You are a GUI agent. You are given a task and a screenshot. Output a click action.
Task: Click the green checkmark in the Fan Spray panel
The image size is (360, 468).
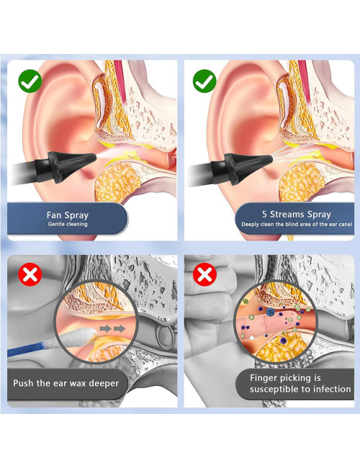pos(30,81)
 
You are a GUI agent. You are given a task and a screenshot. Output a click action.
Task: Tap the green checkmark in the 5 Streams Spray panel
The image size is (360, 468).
pos(204,81)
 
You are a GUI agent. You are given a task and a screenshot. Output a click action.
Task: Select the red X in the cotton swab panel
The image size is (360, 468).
pos(30,274)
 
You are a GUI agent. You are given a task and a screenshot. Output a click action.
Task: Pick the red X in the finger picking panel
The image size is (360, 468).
pos(204,274)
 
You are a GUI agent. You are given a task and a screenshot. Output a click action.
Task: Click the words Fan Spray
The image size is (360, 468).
pos(68,215)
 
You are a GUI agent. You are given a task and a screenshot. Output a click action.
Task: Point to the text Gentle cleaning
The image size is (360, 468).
pos(68,224)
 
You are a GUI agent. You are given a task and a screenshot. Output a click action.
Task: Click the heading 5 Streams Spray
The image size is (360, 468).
pos(297,215)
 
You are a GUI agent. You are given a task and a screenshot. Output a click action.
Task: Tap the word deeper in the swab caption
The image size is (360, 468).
pos(104,383)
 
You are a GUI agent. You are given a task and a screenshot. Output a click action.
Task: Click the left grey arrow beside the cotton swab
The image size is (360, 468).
pos(105,329)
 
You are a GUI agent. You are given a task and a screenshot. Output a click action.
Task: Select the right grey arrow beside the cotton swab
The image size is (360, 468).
pos(120,329)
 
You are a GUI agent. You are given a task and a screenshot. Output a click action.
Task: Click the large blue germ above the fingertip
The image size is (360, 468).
pos(271,312)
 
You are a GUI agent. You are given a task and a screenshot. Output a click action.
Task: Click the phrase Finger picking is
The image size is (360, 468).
pos(285,379)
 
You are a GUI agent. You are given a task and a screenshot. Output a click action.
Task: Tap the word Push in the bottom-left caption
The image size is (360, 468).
pos(23,383)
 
